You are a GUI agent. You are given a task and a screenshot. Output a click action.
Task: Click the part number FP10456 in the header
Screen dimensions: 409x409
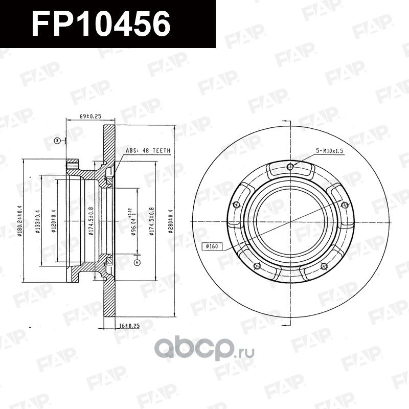click(101, 24)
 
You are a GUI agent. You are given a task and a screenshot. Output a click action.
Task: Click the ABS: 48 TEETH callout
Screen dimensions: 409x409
click(148, 151)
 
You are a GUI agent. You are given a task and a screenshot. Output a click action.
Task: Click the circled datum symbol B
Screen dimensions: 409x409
click(58, 140)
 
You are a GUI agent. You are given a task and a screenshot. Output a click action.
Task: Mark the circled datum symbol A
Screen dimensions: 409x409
click(137, 262)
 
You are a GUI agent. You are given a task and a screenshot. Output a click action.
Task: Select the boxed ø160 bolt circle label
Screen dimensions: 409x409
click(211, 247)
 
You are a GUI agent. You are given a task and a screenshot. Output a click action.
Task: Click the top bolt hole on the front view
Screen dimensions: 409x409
click(290, 166)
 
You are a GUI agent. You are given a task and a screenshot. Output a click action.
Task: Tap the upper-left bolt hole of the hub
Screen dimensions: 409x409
click(236, 205)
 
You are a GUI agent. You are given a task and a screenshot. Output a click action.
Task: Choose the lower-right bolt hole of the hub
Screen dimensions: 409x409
click(324, 266)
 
